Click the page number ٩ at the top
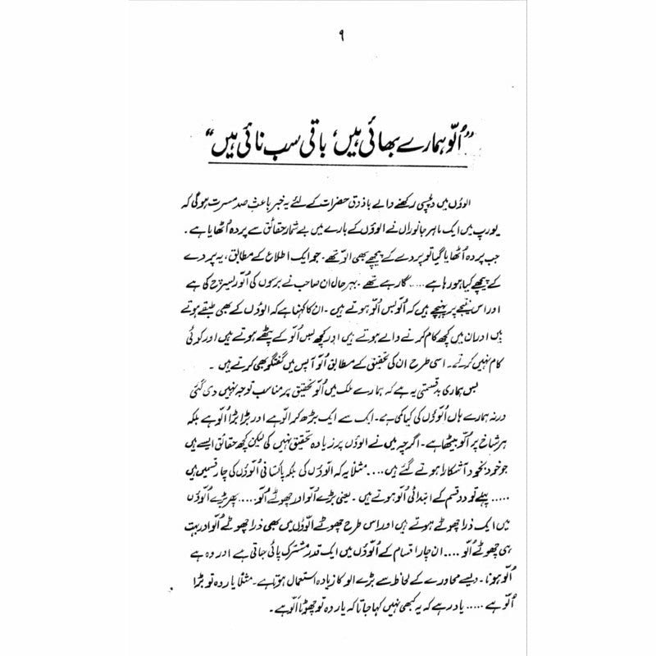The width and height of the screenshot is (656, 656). click(x=328, y=34)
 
